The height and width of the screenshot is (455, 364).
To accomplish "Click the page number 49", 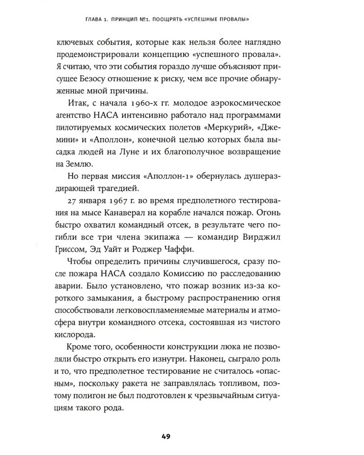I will click(181, 436).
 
